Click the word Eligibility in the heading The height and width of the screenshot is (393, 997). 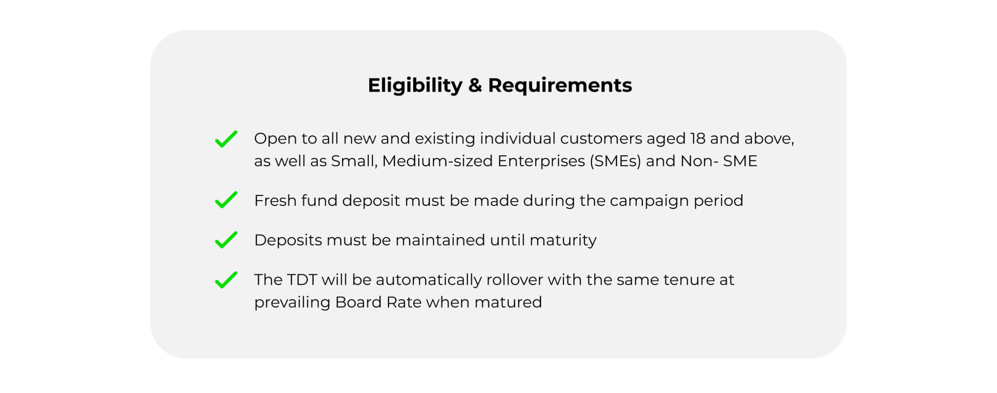415,86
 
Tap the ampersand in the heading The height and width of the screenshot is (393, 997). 475,85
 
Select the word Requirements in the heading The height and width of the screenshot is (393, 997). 560,86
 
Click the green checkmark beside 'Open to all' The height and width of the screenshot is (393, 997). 226,139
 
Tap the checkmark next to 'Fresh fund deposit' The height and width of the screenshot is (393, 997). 226,200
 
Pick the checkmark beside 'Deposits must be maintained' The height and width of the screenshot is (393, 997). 226,240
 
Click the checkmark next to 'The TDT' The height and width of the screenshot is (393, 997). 226,280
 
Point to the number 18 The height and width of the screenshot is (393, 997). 698,139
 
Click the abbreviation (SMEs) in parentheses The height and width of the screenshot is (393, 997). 615,161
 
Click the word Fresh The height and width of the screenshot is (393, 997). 275,201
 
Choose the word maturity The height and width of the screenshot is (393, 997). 563,240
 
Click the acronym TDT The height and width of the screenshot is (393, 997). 302,280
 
